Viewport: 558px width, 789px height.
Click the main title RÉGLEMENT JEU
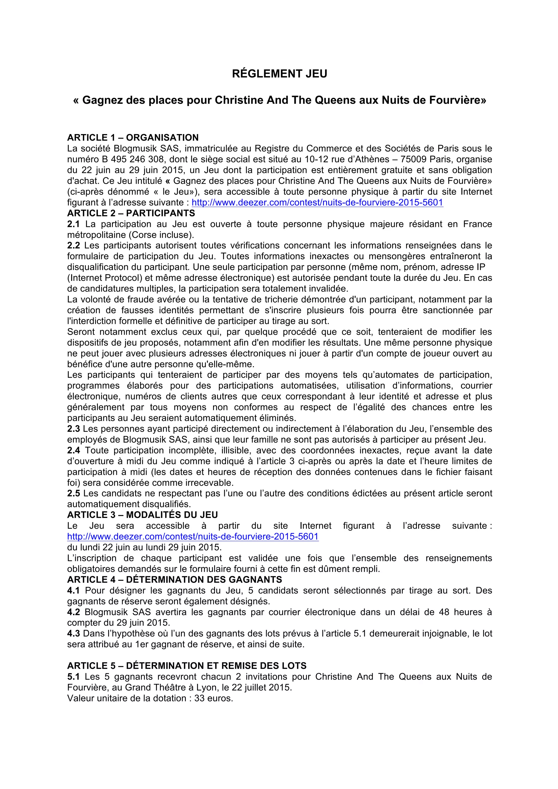[x=279, y=74]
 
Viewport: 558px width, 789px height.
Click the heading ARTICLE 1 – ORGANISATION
[x=133, y=138]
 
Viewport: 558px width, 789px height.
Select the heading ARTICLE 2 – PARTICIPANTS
[x=131, y=213]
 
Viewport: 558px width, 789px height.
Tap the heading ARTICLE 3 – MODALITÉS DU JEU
[x=142, y=515]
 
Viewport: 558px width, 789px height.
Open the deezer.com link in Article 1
[x=317, y=203]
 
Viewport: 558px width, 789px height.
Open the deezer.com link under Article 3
[x=193, y=536]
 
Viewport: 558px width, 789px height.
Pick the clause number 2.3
[x=73, y=429]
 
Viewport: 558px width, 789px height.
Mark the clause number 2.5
[x=73, y=493]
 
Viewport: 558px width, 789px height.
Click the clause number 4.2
[x=73, y=612]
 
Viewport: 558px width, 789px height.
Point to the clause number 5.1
[x=73, y=677]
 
